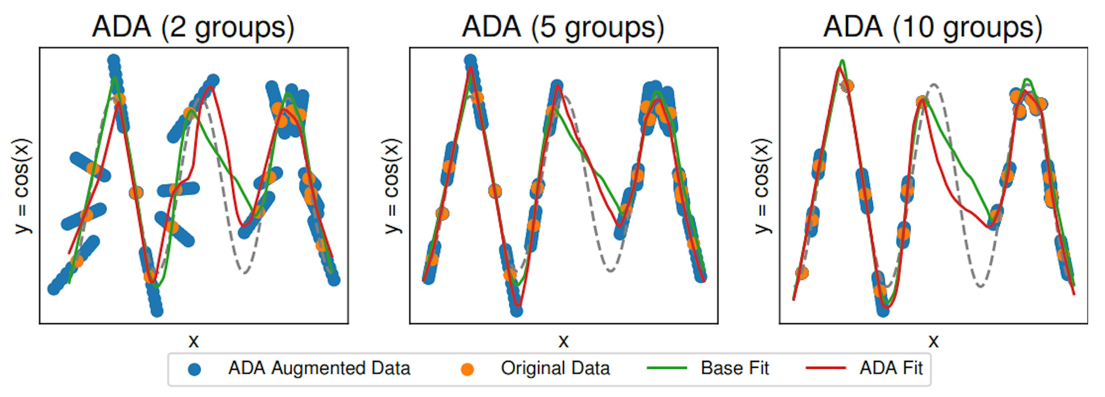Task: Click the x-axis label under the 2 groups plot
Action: coord(193,341)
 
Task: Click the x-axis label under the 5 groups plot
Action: coord(563,341)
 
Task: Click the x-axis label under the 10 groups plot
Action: coord(933,341)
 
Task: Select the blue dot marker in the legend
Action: coord(194,369)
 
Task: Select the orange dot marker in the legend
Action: coord(467,369)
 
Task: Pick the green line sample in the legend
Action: coord(667,368)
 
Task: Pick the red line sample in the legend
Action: coord(826,368)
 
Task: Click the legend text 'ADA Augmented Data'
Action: coord(319,368)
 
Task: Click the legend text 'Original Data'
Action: coord(555,368)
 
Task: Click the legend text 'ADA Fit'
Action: coord(891,368)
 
